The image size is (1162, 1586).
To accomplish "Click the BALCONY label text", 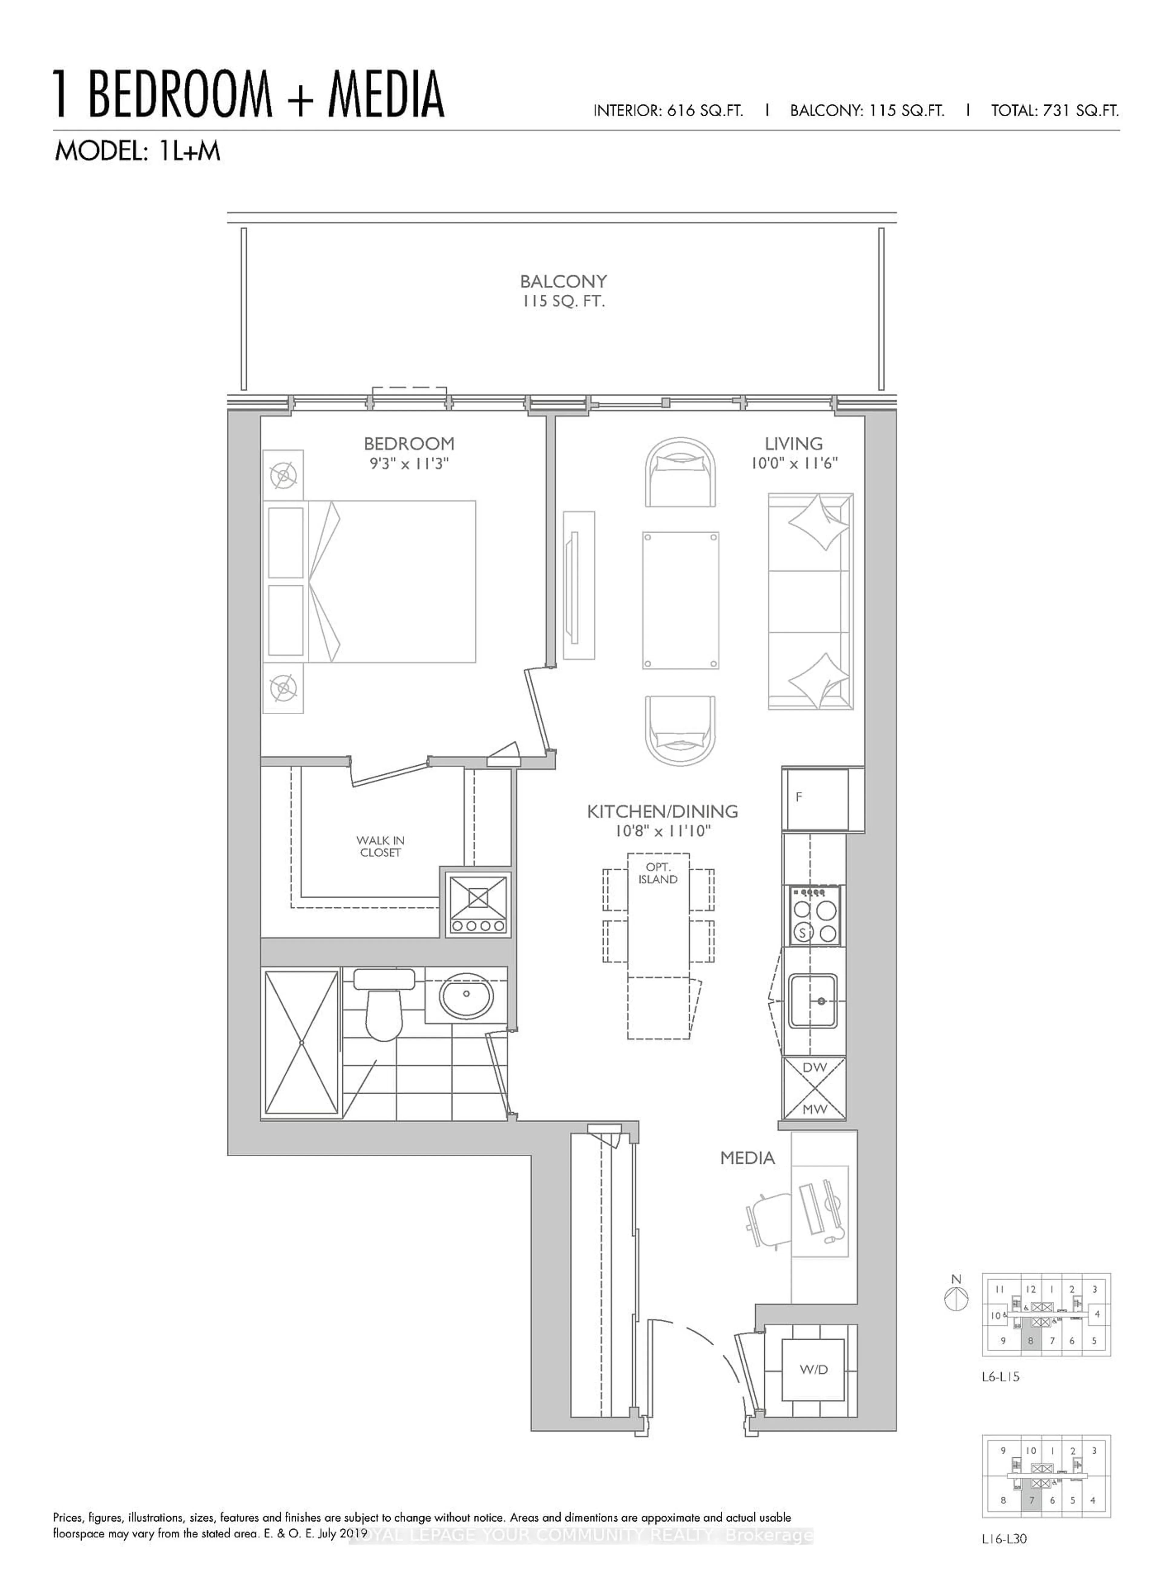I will [563, 281].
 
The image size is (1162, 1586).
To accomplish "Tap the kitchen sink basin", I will [812, 1000].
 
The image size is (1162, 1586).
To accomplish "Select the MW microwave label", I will [815, 1110].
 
